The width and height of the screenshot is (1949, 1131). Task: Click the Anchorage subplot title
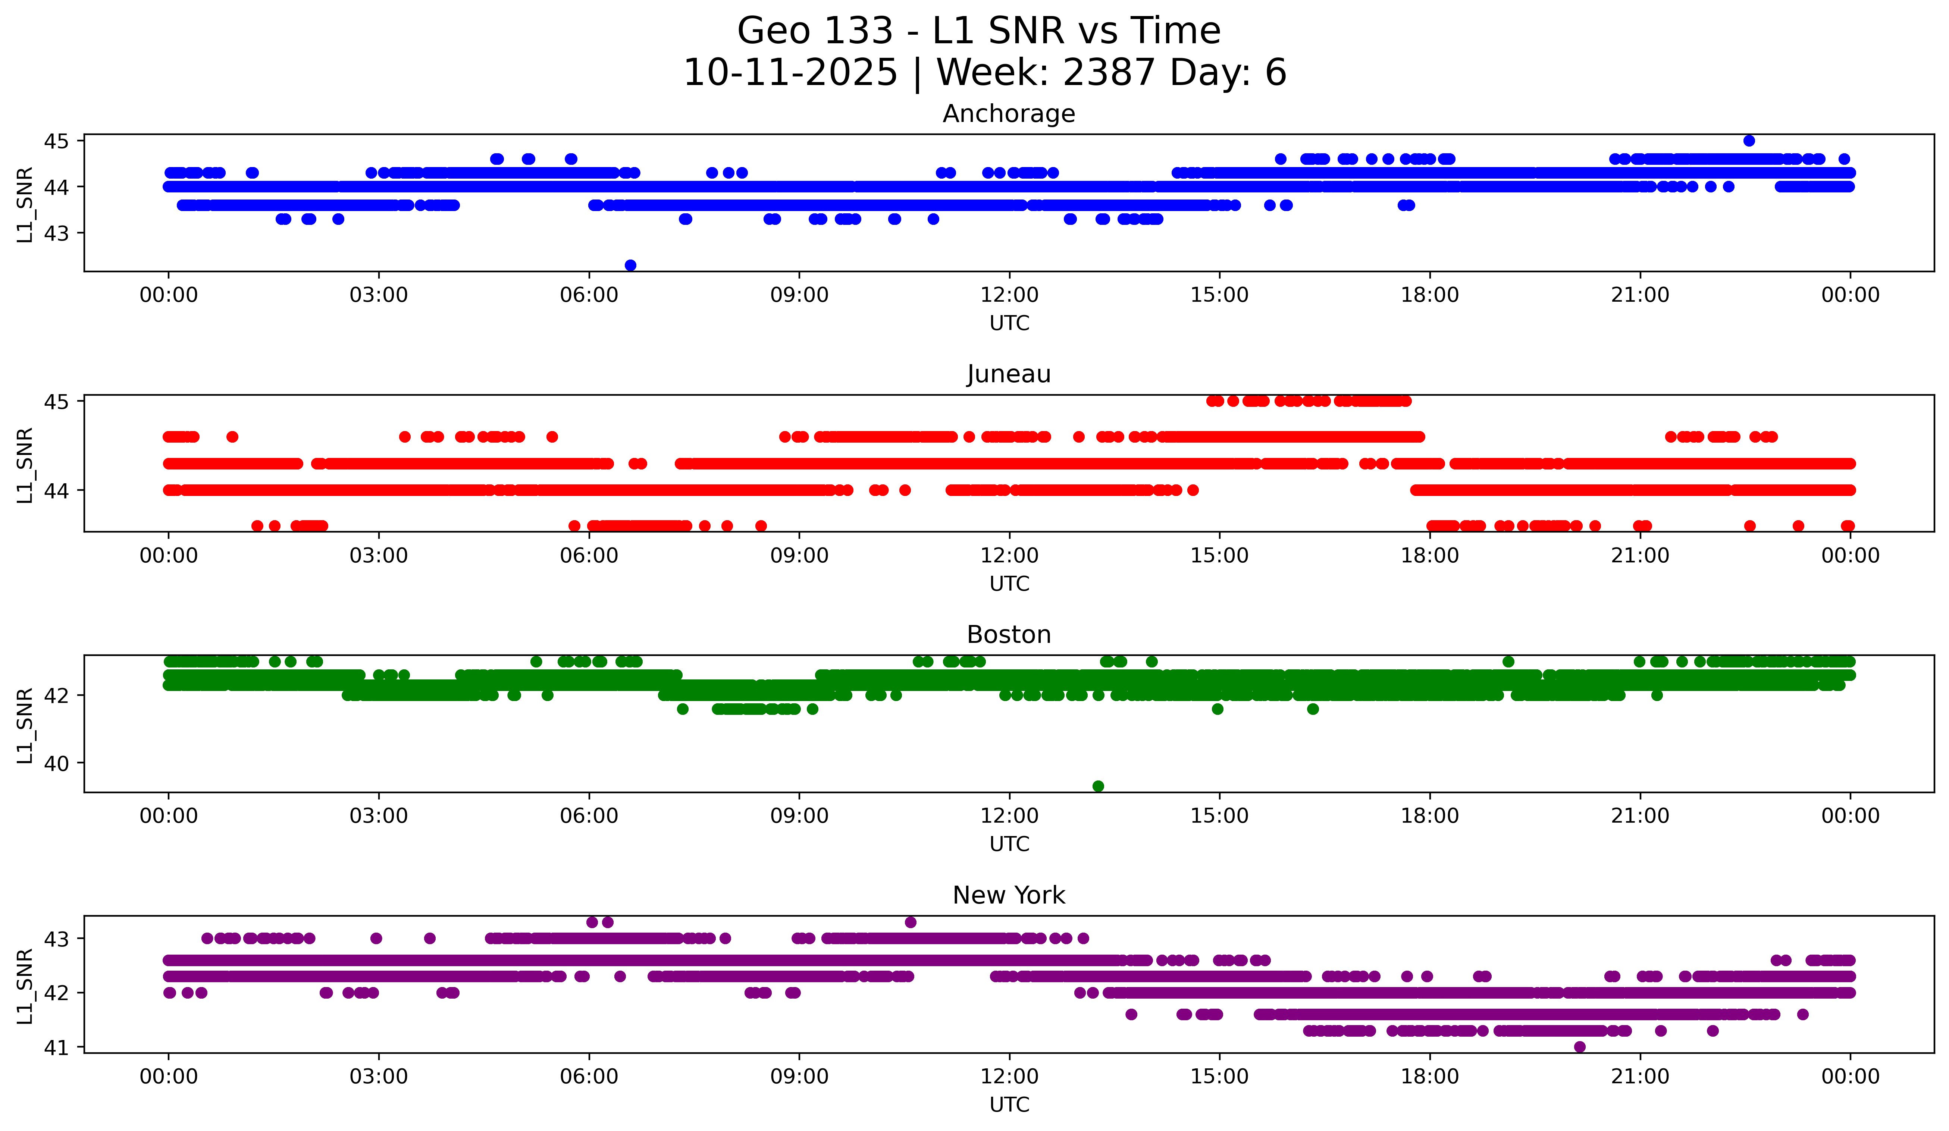[1009, 114]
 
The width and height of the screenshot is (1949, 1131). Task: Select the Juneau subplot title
[1009, 374]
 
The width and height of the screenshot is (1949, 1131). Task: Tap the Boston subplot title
[1009, 635]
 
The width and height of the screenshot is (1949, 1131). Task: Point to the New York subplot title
[1009, 895]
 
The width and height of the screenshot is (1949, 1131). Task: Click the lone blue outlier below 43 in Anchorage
[630, 265]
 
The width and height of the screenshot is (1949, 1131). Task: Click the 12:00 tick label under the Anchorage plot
[1009, 295]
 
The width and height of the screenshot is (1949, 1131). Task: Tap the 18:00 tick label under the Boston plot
[1429, 816]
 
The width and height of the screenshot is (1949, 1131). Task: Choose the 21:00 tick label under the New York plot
[1640, 1077]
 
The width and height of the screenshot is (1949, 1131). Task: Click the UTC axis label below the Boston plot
[1009, 844]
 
